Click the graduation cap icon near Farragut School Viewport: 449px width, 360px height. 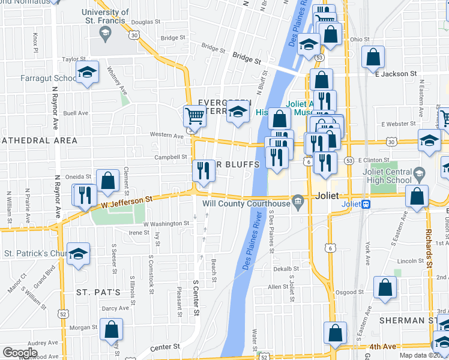88,73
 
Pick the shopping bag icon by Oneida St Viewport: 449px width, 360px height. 108,181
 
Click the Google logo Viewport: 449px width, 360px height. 20,352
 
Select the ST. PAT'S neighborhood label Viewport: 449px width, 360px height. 98,292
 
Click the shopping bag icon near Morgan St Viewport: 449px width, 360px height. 111,329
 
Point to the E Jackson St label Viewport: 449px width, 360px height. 396,74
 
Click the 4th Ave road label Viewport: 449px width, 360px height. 383,346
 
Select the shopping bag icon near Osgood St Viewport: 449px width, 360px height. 385,287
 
